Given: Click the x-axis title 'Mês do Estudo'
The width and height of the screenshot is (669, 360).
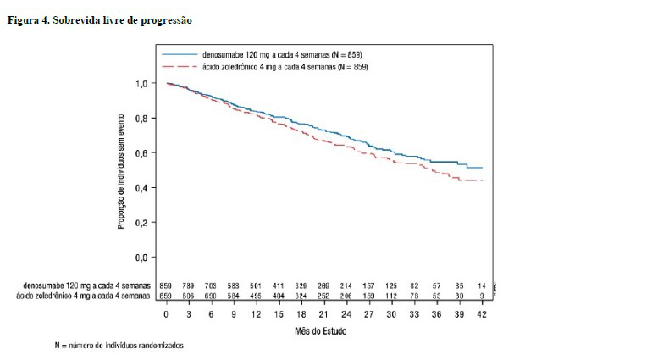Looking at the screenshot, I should (325, 332).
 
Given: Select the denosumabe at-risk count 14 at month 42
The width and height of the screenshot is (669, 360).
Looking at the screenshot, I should (483, 285).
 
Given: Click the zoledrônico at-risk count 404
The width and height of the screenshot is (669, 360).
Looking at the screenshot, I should (277, 296).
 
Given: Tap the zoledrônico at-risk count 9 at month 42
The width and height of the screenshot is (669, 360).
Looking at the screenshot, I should (483, 296).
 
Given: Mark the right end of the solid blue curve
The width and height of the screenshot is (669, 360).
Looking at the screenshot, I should (483, 168).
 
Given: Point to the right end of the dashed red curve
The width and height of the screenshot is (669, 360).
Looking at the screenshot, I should (483, 180).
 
